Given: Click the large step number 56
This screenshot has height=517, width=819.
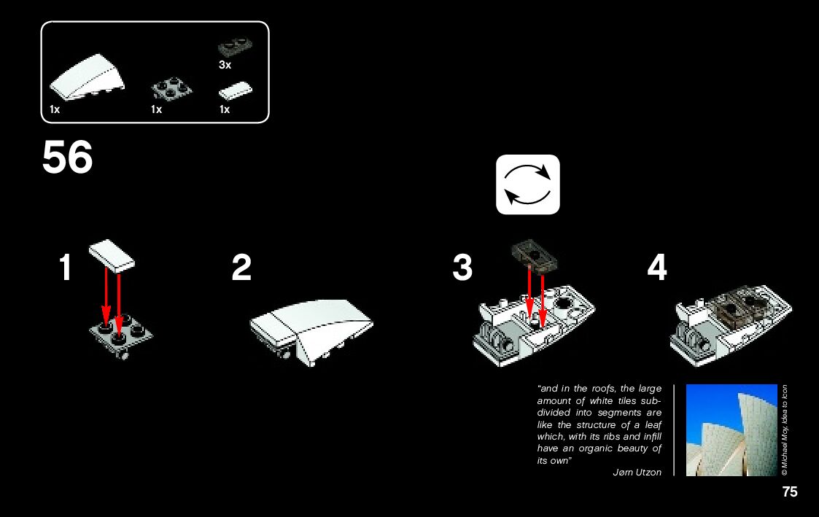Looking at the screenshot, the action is [x=67, y=157].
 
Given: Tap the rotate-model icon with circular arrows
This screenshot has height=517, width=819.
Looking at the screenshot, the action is [x=527, y=184].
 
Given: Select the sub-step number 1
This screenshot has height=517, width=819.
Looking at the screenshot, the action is [x=66, y=268].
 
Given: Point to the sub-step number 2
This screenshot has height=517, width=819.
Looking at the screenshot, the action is [x=241, y=268].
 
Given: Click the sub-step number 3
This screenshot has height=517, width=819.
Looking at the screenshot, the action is [x=462, y=268].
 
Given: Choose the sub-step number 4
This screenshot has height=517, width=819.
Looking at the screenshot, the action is [x=657, y=268].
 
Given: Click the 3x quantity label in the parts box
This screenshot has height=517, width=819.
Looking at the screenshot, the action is [x=225, y=65].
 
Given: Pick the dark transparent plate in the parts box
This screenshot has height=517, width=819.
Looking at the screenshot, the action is [x=235, y=47].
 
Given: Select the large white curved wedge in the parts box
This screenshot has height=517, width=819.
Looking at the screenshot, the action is [x=88, y=77].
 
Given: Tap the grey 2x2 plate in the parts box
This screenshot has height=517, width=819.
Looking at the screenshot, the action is [x=171, y=88].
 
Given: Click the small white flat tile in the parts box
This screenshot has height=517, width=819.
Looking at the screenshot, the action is [x=235, y=90].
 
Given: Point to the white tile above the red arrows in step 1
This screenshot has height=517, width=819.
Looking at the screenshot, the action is [x=112, y=256].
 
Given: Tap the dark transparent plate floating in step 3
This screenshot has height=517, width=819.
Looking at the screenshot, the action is [x=534, y=254].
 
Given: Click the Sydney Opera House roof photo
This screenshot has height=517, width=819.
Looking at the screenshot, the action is [x=731, y=430].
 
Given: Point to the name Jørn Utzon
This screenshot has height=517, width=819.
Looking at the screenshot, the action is [x=637, y=472].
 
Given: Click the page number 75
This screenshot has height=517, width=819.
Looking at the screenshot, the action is [x=790, y=492].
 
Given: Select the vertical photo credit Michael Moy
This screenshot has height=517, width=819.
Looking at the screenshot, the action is [x=785, y=430].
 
